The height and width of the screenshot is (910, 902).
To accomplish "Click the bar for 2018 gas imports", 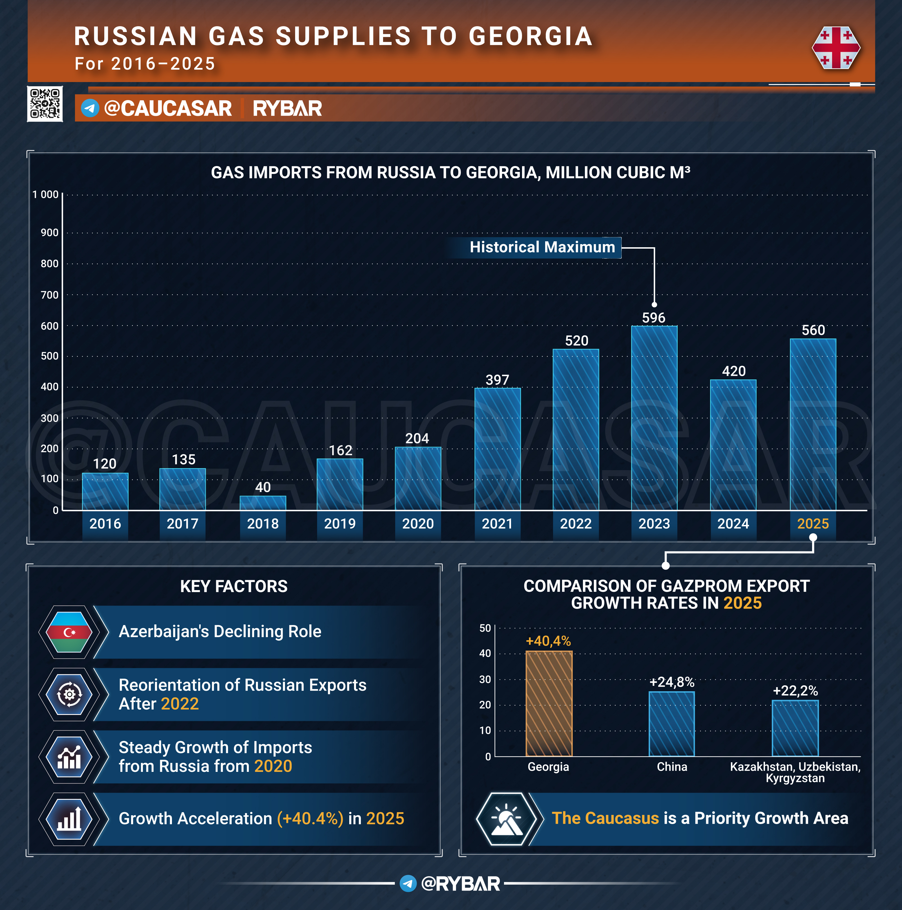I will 263,503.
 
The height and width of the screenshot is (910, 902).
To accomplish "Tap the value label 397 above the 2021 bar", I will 498,380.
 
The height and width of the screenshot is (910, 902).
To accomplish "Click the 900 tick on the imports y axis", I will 49,232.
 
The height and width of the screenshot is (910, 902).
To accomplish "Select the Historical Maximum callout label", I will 542,247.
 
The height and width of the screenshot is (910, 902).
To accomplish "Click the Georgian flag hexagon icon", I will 836,48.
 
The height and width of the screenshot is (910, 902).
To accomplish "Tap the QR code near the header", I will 45,104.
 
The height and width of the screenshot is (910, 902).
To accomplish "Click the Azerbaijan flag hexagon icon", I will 69,632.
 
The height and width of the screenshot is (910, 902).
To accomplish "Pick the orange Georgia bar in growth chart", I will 549,703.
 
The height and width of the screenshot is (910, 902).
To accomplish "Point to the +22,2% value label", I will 795,690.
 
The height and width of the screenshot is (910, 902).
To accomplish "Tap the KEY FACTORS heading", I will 234,586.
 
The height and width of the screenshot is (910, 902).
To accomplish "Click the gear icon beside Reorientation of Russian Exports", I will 69,694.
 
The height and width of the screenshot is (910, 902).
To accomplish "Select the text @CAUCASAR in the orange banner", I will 168,108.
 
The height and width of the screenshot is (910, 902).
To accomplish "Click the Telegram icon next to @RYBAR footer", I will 408,883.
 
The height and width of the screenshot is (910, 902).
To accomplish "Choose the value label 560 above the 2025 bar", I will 813,330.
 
